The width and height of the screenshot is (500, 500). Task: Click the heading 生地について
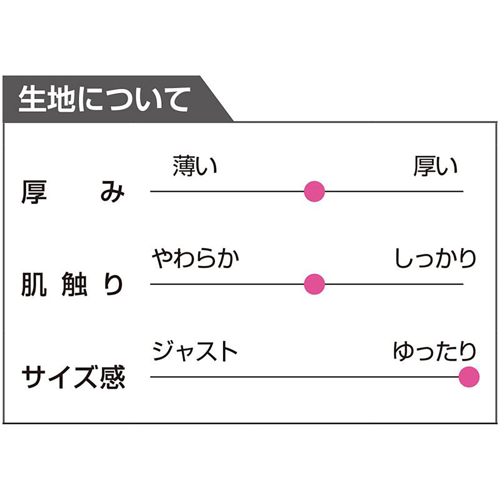click(x=104, y=100)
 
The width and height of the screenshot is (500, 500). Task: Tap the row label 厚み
click(x=73, y=192)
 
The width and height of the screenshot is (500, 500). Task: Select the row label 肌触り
click(x=72, y=285)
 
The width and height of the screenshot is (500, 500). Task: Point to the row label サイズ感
click(x=73, y=377)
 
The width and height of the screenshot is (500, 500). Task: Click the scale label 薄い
click(x=195, y=166)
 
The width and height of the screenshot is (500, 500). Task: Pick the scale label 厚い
click(x=435, y=166)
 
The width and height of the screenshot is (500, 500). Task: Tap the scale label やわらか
click(x=195, y=258)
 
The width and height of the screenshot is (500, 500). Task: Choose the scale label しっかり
click(x=436, y=258)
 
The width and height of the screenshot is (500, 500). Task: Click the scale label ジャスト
click(x=195, y=351)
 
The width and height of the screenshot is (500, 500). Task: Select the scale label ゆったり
click(x=435, y=351)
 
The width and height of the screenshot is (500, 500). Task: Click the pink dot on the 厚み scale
click(x=314, y=192)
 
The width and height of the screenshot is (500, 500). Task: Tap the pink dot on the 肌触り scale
click(x=314, y=284)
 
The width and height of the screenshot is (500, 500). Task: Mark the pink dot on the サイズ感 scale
click(x=469, y=377)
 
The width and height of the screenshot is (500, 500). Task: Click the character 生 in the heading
click(x=30, y=100)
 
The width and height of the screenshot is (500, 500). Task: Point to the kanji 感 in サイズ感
click(x=113, y=377)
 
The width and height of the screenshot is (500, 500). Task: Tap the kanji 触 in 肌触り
click(x=75, y=285)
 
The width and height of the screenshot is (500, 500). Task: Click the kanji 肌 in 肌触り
click(x=34, y=285)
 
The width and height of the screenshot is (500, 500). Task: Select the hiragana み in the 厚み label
click(x=112, y=193)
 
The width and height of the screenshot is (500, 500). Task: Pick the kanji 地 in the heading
click(x=57, y=100)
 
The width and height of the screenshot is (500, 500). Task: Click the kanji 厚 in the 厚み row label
click(x=34, y=192)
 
